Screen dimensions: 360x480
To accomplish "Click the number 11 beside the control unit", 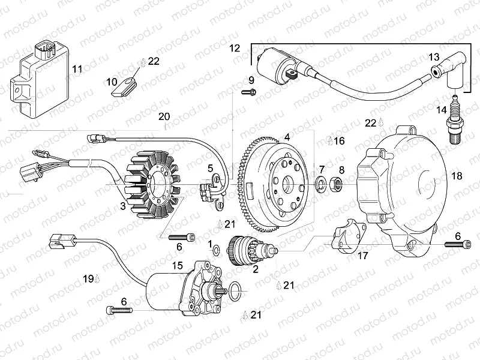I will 77,69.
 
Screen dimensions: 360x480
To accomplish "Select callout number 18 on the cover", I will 457,176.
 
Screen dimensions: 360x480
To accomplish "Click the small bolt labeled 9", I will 248,92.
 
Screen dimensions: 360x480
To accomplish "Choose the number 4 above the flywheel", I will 287,137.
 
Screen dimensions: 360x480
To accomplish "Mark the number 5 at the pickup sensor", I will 211,168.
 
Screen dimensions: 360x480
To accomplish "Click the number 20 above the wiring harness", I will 164,116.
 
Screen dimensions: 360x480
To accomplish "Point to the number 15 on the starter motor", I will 178,265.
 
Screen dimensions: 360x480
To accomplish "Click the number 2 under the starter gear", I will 255,269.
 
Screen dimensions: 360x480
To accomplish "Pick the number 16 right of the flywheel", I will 339,141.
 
